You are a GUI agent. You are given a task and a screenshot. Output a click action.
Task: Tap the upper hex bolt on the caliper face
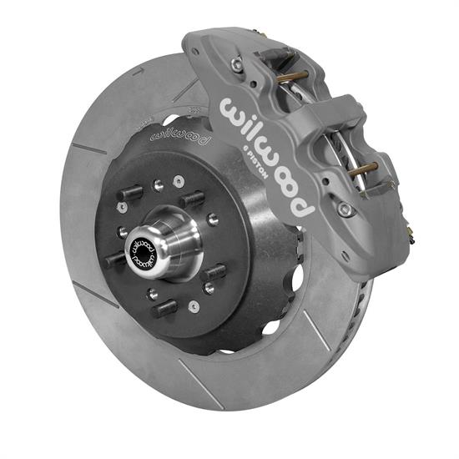(239, 63)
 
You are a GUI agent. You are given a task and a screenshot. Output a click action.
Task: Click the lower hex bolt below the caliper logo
(342, 209)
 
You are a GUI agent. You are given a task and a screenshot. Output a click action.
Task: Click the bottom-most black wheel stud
(164, 308)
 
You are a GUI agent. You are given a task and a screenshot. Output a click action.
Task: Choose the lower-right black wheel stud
(214, 272)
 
